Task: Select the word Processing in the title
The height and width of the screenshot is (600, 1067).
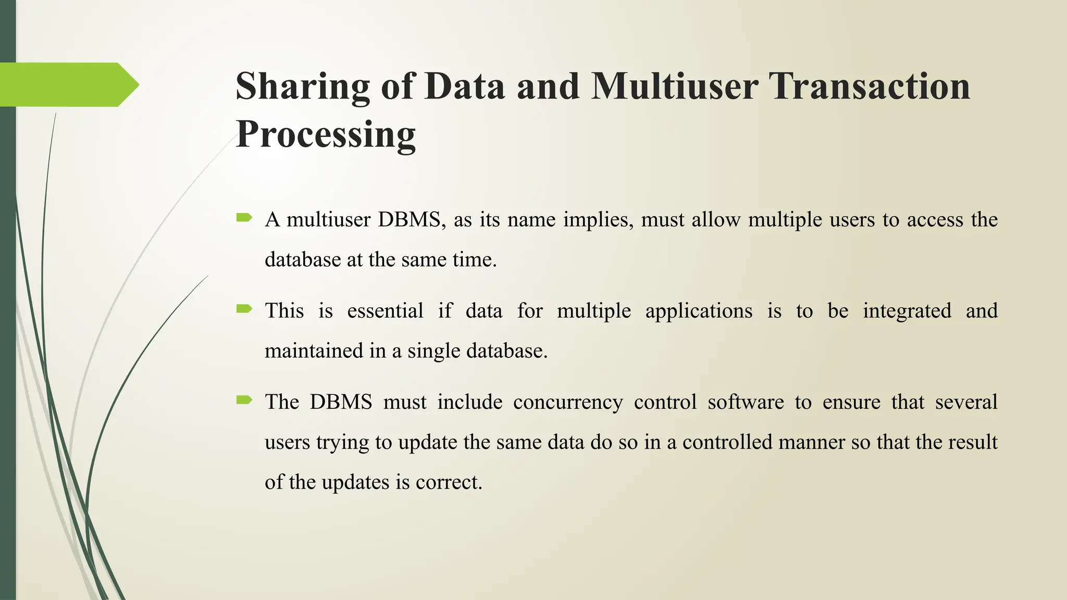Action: click(x=326, y=134)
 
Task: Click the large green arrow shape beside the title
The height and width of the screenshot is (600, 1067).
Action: click(x=68, y=84)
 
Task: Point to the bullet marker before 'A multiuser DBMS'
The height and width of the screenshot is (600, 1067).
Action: click(x=244, y=217)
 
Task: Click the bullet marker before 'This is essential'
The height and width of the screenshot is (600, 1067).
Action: click(x=244, y=309)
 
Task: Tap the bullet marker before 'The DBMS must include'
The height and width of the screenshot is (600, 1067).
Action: click(x=244, y=400)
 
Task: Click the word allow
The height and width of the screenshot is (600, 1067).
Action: click(x=715, y=220)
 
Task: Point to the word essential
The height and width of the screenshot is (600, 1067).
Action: click(x=385, y=311)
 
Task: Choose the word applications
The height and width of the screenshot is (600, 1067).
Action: click(x=699, y=311)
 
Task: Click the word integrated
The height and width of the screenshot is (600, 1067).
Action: click(x=907, y=311)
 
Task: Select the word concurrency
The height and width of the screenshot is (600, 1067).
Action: click(x=568, y=402)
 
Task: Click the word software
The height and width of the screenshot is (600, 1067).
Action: click(x=746, y=402)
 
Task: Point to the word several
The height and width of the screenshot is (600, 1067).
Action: click(x=966, y=402)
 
